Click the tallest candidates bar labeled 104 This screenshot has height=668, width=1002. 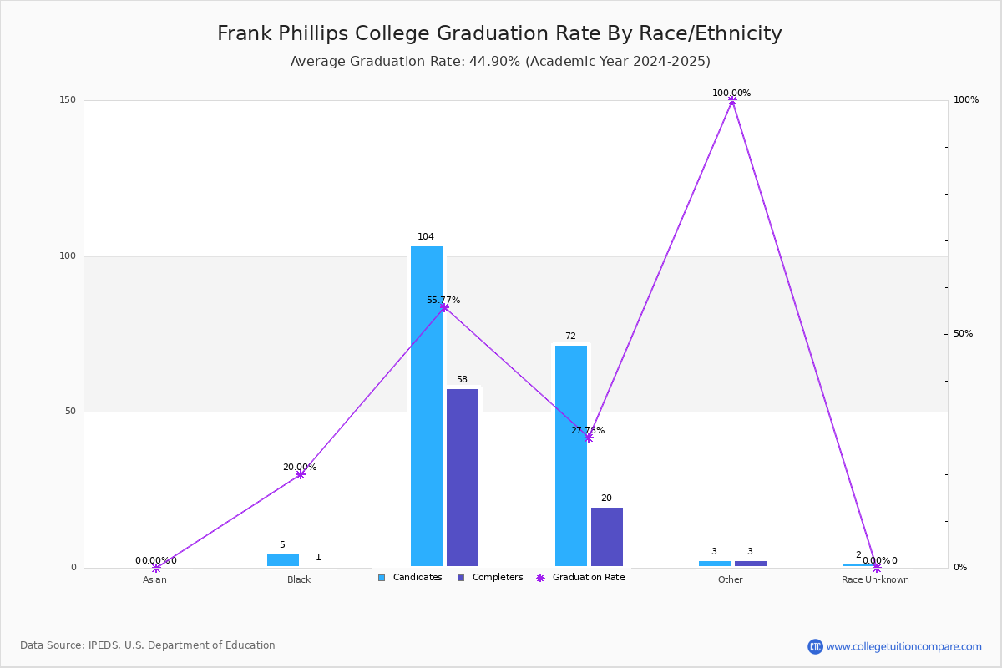pyautogui.click(x=427, y=407)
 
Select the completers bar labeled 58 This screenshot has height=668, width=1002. pyautogui.click(x=463, y=478)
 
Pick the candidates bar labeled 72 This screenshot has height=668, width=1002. pyautogui.click(x=571, y=456)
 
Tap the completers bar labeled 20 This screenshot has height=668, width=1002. pyautogui.click(x=607, y=537)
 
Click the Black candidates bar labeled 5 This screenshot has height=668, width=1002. pyautogui.click(x=283, y=560)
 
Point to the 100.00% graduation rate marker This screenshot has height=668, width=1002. pyautogui.click(x=732, y=101)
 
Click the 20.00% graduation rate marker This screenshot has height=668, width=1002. pyautogui.click(x=301, y=475)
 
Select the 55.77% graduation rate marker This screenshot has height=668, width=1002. pyautogui.click(x=444, y=308)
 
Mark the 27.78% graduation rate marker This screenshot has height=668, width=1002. pyautogui.click(x=589, y=438)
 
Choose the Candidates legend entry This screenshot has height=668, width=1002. pyautogui.click(x=410, y=578)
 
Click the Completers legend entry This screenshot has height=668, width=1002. pyautogui.click(x=490, y=578)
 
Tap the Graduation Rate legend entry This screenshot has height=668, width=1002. pyautogui.click(x=580, y=578)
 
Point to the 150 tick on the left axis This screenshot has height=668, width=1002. pyautogui.click(x=68, y=99)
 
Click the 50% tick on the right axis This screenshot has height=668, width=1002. pyautogui.click(x=963, y=334)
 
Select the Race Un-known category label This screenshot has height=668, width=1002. pyautogui.click(x=875, y=579)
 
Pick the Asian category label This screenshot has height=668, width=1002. pyautogui.click(x=154, y=579)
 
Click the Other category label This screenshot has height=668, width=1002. pyautogui.click(x=731, y=579)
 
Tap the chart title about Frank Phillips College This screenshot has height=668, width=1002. pyautogui.click(x=499, y=33)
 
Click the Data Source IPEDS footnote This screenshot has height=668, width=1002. pyautogui.click(x=148, y=645)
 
